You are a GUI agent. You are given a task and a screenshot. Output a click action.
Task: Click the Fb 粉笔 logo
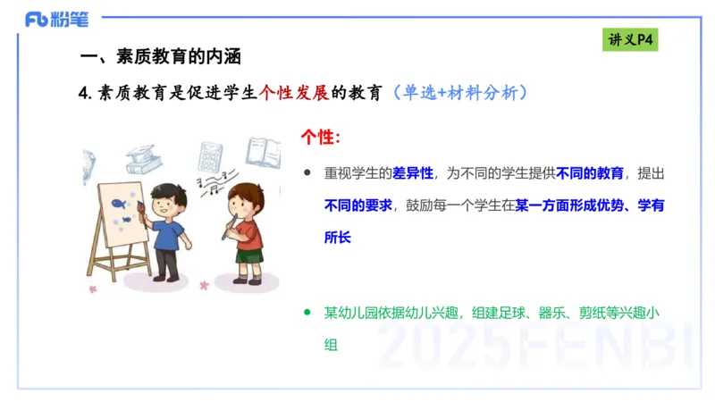pos(53,19)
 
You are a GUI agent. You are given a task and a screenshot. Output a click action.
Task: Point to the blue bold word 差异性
pos(413,172)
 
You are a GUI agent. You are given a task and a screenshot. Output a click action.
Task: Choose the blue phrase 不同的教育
pos(589,172)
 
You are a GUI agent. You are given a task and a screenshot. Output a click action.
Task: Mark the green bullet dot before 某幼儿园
pos(307,313)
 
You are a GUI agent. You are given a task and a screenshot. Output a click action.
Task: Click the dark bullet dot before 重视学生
pos(307,172)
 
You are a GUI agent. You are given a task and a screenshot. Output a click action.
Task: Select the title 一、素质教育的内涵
pos(161,56)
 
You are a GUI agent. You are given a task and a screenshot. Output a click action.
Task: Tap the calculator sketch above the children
pos(211,157)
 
